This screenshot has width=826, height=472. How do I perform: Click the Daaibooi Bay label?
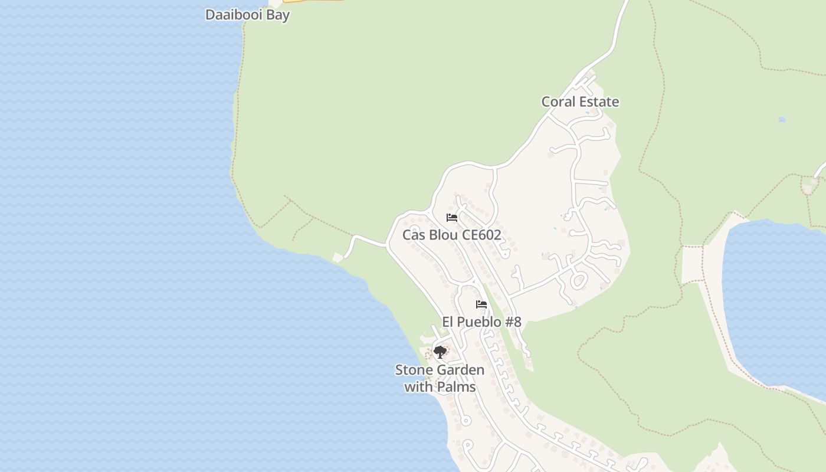(x=247, y=15)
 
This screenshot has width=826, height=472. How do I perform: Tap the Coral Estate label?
(x=580, y=101)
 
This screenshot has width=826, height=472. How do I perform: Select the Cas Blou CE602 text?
(x=451, y=235)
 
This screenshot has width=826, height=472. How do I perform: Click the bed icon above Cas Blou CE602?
(x=452, y=217)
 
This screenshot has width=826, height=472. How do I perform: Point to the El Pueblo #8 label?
(x=481, y=322)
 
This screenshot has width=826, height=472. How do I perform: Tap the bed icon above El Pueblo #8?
(x=481, y=304)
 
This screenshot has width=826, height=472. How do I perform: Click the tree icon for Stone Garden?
(x=440, y=352)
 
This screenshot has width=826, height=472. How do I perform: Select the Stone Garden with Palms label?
(x=440, y=378)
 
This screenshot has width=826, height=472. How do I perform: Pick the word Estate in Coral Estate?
(x=599, y=101)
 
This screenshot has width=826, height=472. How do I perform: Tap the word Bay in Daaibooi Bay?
(x=278, y=15)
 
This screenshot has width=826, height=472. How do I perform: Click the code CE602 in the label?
(x=481, y=235)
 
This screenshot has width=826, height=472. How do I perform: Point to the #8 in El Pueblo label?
(x=513, y=322)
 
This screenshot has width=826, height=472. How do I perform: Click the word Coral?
(x=558, y=101)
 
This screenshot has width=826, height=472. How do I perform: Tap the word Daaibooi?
(x=234, y=15)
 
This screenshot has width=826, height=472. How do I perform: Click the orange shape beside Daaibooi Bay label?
(x=313, y=1)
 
